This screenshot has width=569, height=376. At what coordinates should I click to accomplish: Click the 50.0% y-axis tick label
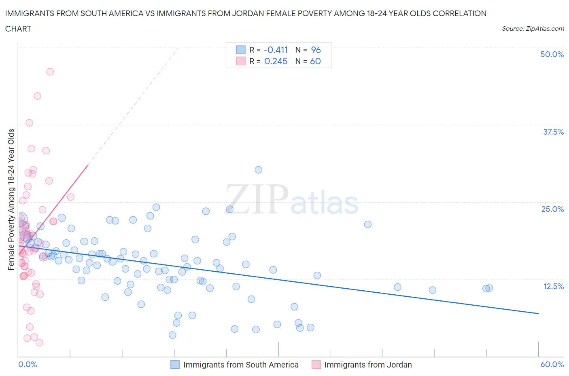coord(552,54)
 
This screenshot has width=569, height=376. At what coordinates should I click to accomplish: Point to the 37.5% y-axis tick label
coord(553,132)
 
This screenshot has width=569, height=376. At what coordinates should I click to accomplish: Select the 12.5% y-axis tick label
coord(553,286)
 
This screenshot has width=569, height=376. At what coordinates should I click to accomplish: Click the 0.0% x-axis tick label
coord(28,364)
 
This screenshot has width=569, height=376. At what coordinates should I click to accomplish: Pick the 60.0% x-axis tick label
coord(552,364)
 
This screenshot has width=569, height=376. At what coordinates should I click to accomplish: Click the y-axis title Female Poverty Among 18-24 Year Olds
coord(11,199)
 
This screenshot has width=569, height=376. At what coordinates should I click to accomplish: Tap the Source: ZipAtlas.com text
coord(533,29)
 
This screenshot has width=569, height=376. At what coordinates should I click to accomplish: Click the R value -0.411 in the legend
coord(276,50)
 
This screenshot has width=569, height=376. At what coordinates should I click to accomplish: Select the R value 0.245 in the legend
coord(276,61)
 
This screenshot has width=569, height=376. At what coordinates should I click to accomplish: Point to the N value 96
coord(316,50)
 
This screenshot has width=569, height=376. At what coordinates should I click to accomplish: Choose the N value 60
coord(315,61)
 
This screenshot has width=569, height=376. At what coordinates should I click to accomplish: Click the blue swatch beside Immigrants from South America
coord(175,365)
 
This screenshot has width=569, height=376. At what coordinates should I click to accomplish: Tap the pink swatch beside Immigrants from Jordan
coord(316,365)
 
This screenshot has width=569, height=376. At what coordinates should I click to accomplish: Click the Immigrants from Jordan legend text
coord(368,365)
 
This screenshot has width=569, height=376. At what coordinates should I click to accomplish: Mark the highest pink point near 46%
coord(50,72)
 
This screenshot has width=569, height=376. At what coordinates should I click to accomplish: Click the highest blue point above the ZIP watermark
coord(258,170)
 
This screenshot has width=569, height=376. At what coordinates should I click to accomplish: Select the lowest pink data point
coord(39,342)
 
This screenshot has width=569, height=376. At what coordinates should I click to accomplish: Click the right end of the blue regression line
coord(538,313)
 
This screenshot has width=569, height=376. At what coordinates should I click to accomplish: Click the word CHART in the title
coord(18,29)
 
